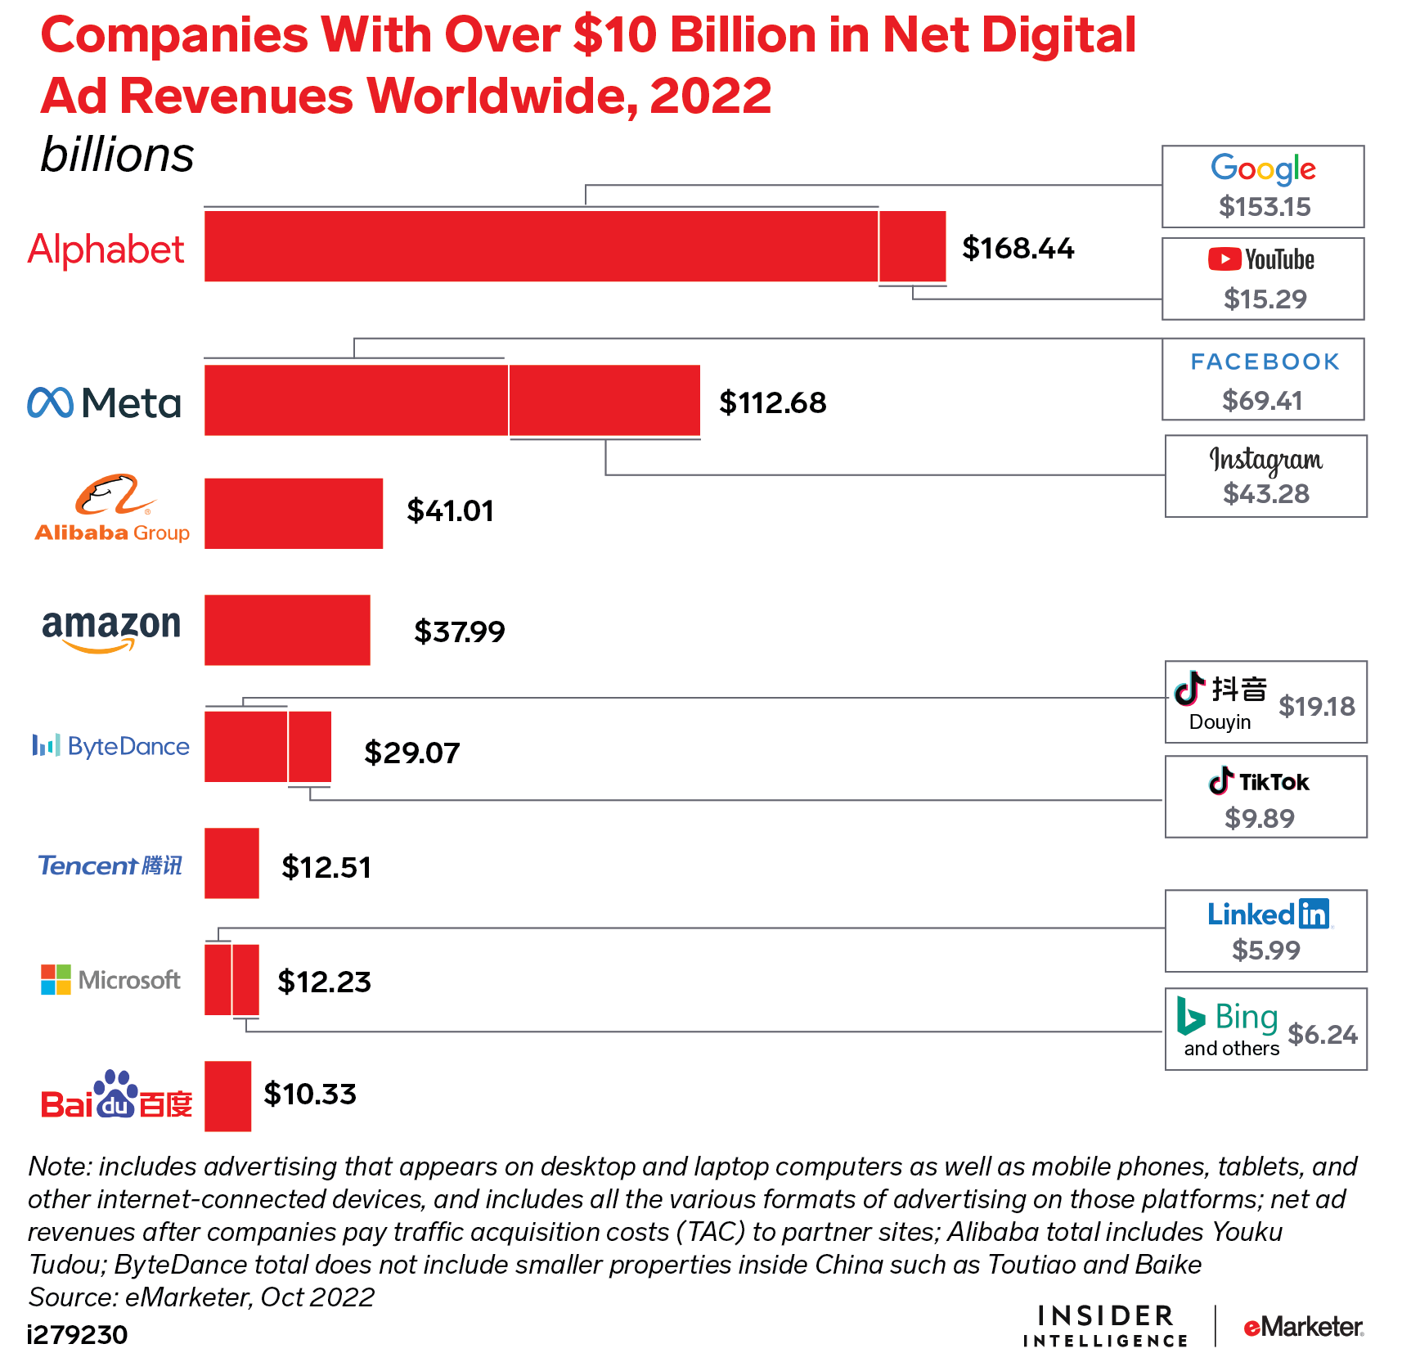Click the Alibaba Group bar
(293, 513)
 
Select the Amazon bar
(287, 630)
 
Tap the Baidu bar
(227, 1096)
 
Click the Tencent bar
(231, 863)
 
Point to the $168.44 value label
(1018, 248)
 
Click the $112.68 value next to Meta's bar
(772, 402)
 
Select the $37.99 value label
(459, 632)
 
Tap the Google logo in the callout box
(1263, 169)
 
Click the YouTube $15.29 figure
(1265, 299)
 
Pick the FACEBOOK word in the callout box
(1265, 362)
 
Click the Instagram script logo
(1265, 460)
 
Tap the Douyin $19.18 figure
(1316, 706)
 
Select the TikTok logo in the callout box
(1260, 782)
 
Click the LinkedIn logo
(1269, 914)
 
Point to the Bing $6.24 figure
(1322, 1034)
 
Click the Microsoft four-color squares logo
(56, 979)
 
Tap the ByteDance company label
(111, 746)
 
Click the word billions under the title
(117, 155)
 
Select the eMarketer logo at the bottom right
(1302, 1326)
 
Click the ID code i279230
(78, 1335)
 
